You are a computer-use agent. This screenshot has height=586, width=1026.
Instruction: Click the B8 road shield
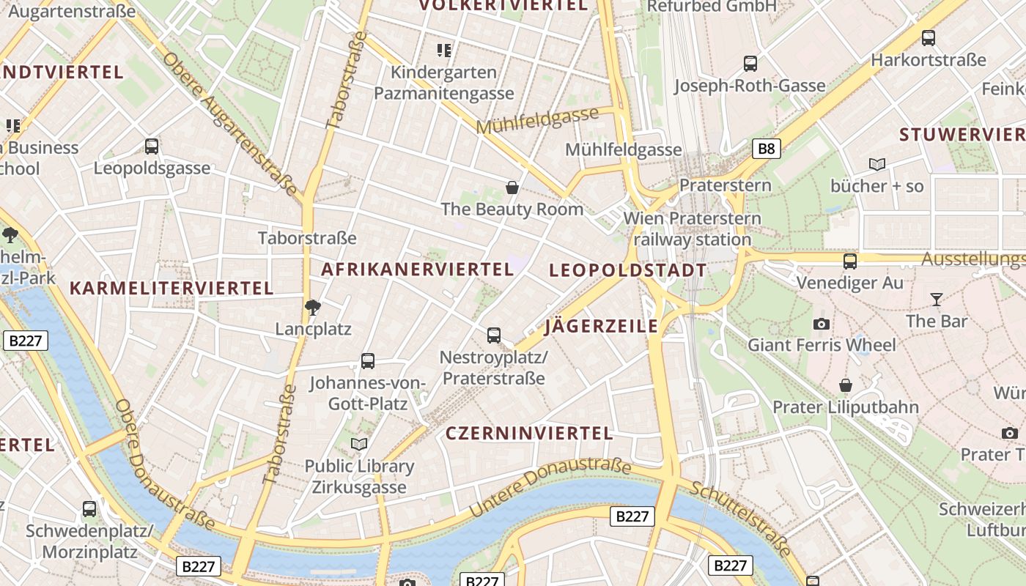pos(766,149)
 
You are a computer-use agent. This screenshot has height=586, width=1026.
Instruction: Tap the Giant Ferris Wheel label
pos(822,344)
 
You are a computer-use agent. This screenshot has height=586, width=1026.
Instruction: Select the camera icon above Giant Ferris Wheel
pos(822,324)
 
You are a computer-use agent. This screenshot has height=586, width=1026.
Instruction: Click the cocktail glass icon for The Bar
pos(936,299)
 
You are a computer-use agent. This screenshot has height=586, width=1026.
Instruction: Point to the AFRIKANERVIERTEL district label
pos(418,270)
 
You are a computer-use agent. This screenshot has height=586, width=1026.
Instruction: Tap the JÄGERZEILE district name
pos(601,327)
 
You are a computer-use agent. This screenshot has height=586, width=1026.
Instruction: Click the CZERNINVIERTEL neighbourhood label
pos(529,434)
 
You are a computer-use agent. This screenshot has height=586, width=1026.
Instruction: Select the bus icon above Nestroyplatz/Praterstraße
pos(494,335)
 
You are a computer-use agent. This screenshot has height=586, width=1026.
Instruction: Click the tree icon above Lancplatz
pos(313,307)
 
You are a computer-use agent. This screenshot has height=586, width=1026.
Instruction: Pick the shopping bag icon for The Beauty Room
pos(512,188)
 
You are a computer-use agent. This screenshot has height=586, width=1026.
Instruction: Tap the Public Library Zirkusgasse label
pos(359,476)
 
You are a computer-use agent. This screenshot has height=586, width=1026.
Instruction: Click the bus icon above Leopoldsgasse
pos(152,146)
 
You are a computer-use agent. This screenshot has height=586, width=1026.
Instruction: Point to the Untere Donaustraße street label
pos(550,486)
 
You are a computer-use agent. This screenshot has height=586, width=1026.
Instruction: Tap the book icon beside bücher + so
pos(876,165)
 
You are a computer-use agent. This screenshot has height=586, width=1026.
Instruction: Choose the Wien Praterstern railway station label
pos(693,229)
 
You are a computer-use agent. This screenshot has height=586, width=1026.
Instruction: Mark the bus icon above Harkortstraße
pos(929,38)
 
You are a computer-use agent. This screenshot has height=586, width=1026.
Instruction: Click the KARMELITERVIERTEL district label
pos(171,289)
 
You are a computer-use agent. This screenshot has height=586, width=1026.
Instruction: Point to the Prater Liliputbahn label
pos(846,407)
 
